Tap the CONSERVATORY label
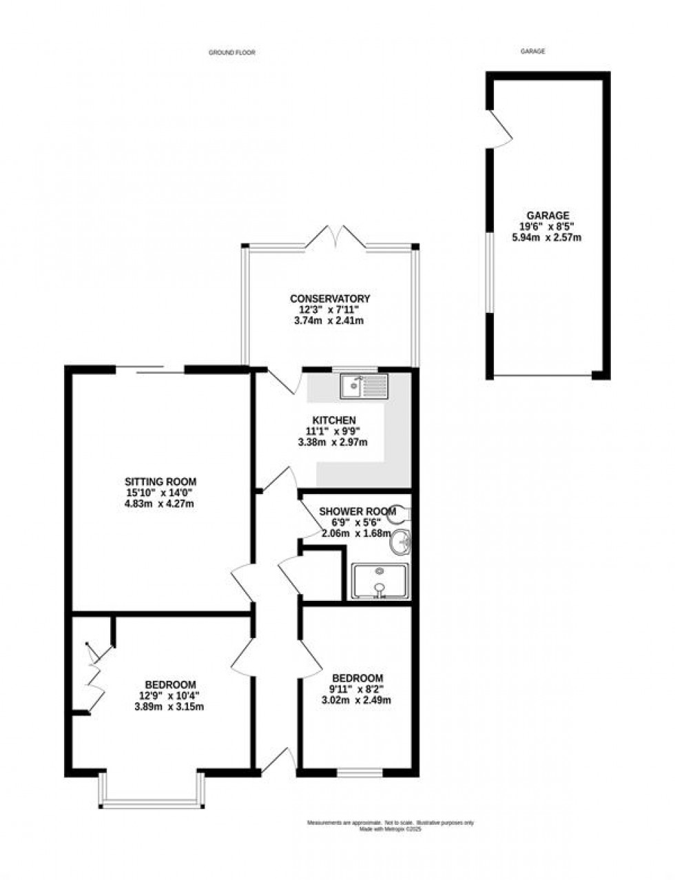(x=330, y=298)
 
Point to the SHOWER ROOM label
(x=357, y=511)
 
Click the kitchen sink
(x=364, y=386)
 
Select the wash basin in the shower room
(x=399, y=544)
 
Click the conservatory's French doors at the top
(x=333, y=238)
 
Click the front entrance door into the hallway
(x=280, y=762)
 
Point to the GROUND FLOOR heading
(x=231, y=52)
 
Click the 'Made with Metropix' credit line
(x=391, y=830)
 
